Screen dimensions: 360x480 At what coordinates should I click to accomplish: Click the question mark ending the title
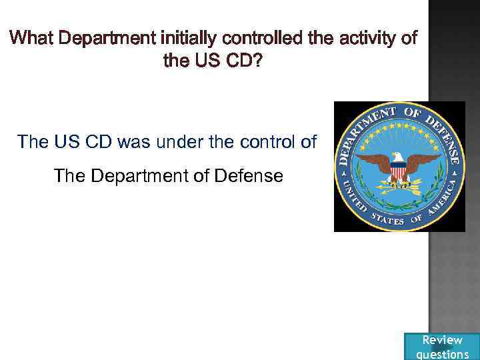pyautogui.click(x=258, y=61)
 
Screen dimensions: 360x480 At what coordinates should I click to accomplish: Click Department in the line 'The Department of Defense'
pyautogui.click(x=140, y=176)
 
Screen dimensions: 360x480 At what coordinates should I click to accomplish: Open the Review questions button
pyautogui.click(x=442, y=347)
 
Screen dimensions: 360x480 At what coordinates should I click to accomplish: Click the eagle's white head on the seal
pyautogui.click(x=397, y=157)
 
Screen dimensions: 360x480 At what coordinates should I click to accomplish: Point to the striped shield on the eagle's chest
pyautogui.click(x=398, y=172)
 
